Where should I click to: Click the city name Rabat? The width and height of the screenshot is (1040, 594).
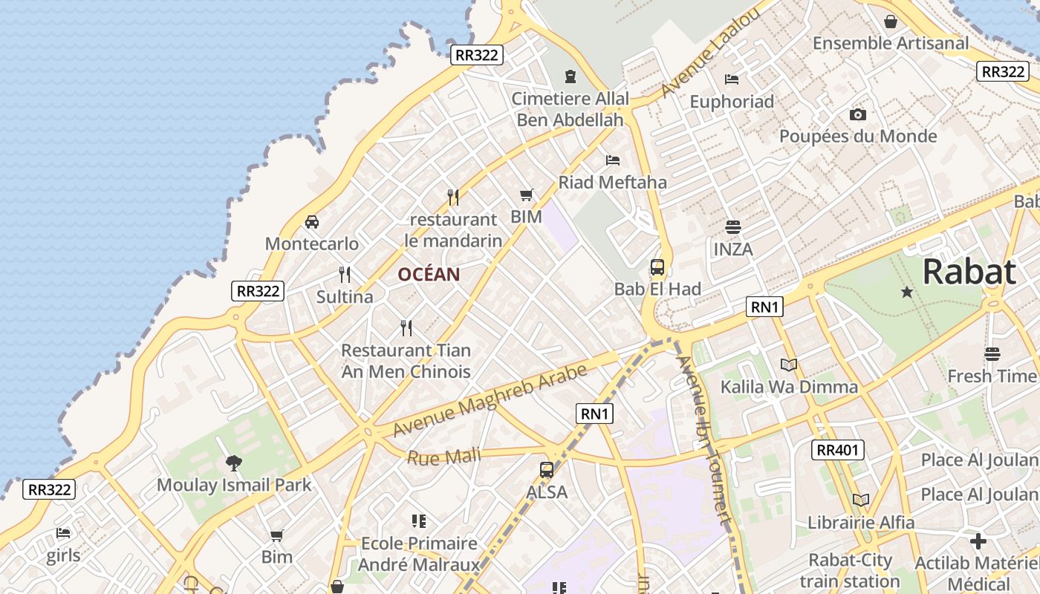click(969, 272)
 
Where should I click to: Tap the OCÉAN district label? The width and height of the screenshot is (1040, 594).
click(429, 275)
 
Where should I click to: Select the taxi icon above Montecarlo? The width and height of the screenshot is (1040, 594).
click(312, 222)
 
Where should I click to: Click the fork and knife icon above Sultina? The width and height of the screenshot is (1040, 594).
click(345, 275)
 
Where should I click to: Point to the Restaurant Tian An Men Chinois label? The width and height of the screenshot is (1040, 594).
click(406, 361)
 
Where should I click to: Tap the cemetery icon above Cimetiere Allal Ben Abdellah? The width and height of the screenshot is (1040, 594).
click(570, 76)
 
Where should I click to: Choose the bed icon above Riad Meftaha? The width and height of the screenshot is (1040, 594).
click(612, 160)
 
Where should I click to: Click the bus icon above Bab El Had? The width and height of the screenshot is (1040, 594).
click(657, 267)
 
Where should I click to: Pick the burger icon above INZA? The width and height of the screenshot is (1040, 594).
click(733, 227)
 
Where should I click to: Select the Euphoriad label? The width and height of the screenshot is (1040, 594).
click(732, 102)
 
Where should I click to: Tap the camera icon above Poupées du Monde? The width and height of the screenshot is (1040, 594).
click(858, 114)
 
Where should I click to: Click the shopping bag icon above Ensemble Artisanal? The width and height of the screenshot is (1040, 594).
click(891, 22)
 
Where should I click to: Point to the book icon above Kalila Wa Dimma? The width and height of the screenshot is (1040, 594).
click(789, 365)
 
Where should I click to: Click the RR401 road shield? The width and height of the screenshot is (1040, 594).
click(837, 449)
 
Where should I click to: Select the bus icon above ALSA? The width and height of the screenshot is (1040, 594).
click(547, 470)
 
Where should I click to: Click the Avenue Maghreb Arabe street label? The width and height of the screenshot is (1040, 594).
click(490, 399)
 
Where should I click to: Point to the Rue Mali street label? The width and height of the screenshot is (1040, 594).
click(443, 456)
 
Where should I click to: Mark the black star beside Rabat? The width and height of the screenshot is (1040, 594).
click(907, 293)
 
